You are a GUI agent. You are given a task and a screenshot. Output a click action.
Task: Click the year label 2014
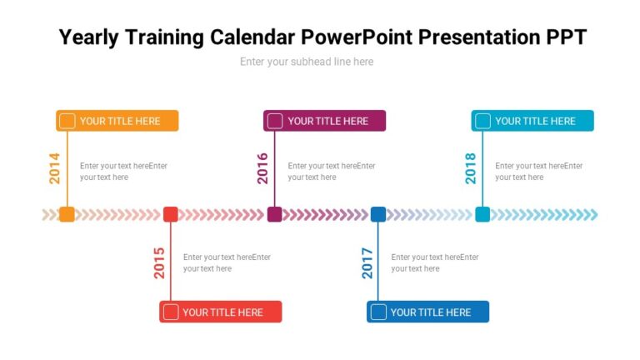[54, 168]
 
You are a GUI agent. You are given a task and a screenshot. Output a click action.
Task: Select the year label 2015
[158, 262]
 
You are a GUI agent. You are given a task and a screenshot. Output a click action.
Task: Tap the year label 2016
[262, 168]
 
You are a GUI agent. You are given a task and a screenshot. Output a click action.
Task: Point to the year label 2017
[367, 262]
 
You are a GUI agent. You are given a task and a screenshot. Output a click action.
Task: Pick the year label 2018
[471, 168]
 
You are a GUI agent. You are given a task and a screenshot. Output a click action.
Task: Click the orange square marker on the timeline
[67, 214]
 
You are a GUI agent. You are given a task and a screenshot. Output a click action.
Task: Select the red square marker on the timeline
[171, 214]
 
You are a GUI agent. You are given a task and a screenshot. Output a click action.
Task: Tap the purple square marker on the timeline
[274, 214]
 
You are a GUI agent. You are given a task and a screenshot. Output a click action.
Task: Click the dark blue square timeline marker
[378, 214]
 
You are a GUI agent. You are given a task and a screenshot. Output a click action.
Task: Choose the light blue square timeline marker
[482, 214]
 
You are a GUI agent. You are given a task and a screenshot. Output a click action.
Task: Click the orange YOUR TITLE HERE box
[117, 121]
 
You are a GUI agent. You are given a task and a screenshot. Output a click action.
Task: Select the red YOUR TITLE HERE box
[221, 312]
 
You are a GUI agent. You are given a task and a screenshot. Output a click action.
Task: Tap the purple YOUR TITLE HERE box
[325, 121]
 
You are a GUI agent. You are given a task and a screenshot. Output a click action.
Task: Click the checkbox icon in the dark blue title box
[378, 312]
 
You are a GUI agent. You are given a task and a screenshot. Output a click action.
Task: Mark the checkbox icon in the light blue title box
[482, 121]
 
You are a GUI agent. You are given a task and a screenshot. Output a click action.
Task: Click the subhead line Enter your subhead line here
[307, 62]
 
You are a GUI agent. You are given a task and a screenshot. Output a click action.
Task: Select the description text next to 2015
[227, 262]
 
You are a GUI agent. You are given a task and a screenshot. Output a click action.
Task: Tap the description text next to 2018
[538, 171]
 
